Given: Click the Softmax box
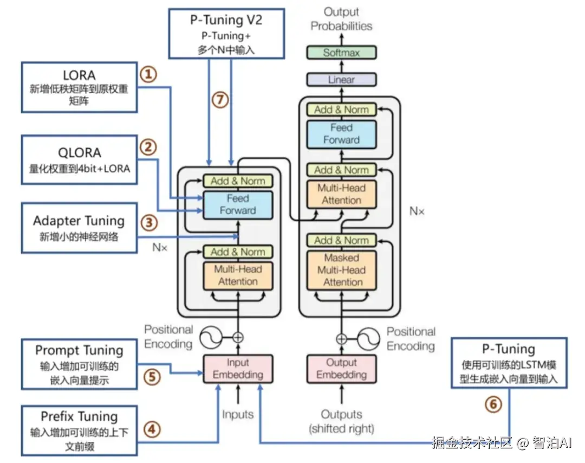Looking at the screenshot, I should point(341,53).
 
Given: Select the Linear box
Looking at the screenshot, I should point(341,80).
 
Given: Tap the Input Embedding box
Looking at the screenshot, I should point(238,369).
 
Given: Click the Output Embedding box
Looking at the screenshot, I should point(341,369).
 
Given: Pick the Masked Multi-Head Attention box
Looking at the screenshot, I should point(341,270).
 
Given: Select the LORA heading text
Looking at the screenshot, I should point(79,75).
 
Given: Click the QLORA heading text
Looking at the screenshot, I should point(80,153).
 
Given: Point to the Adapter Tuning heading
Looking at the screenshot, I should point(79,221).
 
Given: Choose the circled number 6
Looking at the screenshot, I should point(493,404).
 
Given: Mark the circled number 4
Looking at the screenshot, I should point(152,429).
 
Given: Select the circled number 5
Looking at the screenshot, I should point(152,377).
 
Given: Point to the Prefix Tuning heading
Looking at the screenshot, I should point(79,416).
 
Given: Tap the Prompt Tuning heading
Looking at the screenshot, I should point(79,350).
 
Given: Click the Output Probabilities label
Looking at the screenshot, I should point(341,18).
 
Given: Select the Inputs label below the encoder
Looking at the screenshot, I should point(238,415).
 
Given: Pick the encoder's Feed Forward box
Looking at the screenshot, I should point(238,204).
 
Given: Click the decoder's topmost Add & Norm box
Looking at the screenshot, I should point(341,110).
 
